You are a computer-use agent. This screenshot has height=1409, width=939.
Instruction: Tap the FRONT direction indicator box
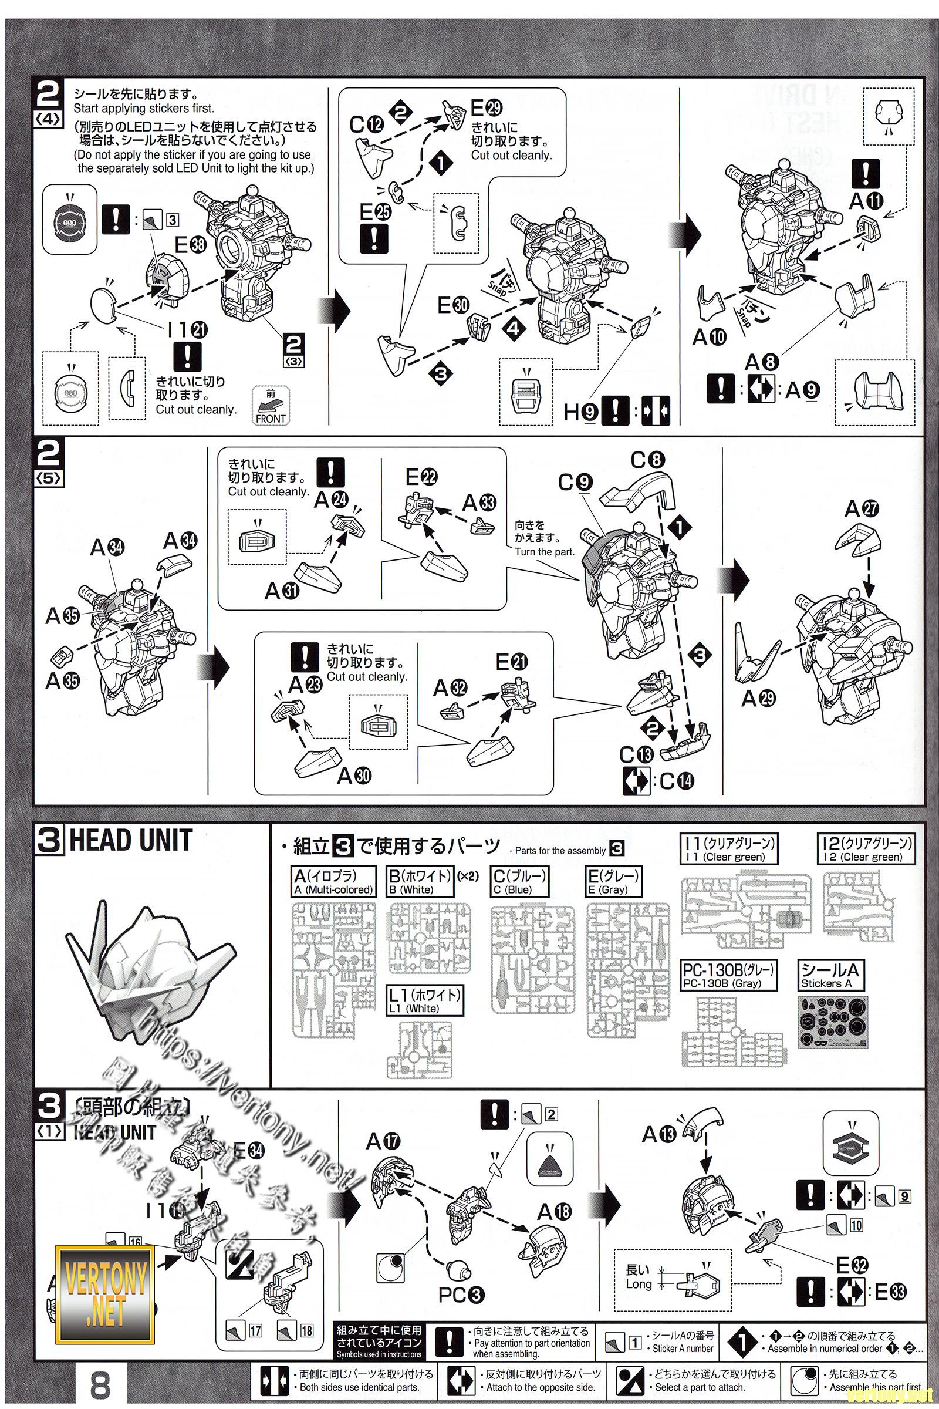click(x=269, y=409)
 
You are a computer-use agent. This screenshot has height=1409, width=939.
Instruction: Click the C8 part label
click(x=647, y=461)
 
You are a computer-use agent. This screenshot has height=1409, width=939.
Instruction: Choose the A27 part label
click(x=861, y=508)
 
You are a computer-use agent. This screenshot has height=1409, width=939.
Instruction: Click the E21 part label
click(x=511, y=663)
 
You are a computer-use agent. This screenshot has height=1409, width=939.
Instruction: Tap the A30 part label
click(x=354, y=776)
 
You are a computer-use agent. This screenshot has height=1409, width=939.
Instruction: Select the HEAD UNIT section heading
click(x=130, y=840)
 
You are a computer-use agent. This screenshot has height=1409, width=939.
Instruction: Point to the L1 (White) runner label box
click(x=425, y=1000)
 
